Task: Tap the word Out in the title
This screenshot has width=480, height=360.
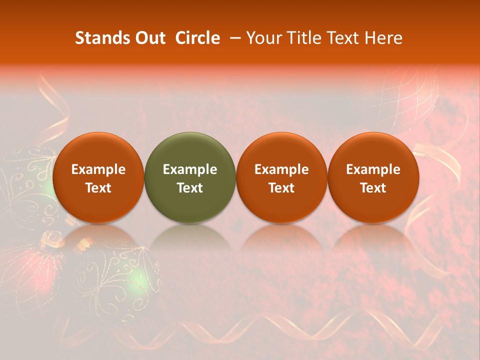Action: (149, 38)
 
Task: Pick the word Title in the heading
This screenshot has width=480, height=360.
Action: (301, 38)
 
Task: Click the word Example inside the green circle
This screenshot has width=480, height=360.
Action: (190, 169)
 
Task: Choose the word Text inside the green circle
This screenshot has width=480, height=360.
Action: (190, 188)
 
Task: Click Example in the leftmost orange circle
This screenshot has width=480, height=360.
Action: (98, 169)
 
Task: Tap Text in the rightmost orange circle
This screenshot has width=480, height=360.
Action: (373, 188)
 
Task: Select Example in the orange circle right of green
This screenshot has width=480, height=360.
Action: (281, 169)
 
